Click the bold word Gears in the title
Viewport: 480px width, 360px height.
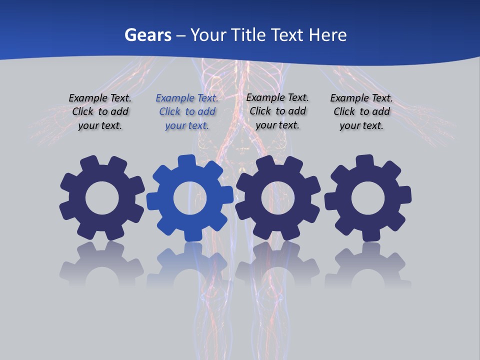[x=148, y=35]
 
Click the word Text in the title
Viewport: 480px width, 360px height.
[x=288, y=35]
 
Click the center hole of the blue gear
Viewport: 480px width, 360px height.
[x=190, y=198]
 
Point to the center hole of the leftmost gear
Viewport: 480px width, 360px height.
[x=102, y=198]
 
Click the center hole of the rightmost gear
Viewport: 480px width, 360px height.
[x=368, y=198]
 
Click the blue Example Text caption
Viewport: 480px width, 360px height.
[x=187, y=112]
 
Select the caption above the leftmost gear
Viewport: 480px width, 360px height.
[x=100, y=112]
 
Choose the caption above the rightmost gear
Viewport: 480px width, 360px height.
[x=361, y=112]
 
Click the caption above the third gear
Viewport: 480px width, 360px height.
[x=277, y=111]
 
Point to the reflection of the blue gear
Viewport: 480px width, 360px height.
[x=190, y=265]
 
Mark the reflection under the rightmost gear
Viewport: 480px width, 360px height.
[x=368, y=265]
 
